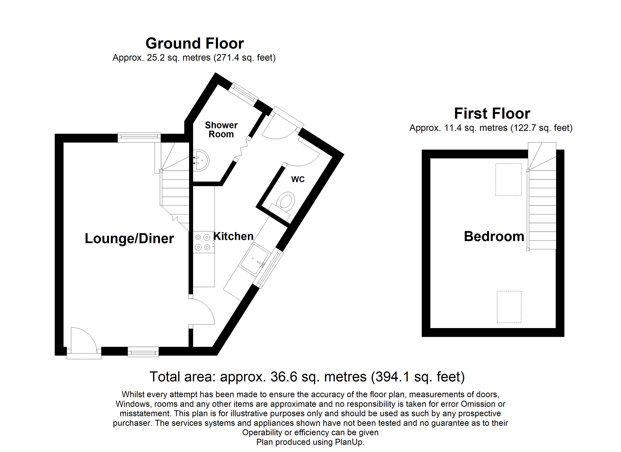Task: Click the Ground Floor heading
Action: point(195,43)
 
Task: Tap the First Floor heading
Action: point(492,114)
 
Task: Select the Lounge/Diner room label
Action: point(129,238)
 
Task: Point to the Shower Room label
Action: point(221,130)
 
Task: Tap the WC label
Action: point(298,179)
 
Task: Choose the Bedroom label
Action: point(494,236)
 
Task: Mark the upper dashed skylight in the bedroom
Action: point(508,179)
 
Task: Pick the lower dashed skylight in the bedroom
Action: point(509,307)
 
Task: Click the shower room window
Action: point(244,94)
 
